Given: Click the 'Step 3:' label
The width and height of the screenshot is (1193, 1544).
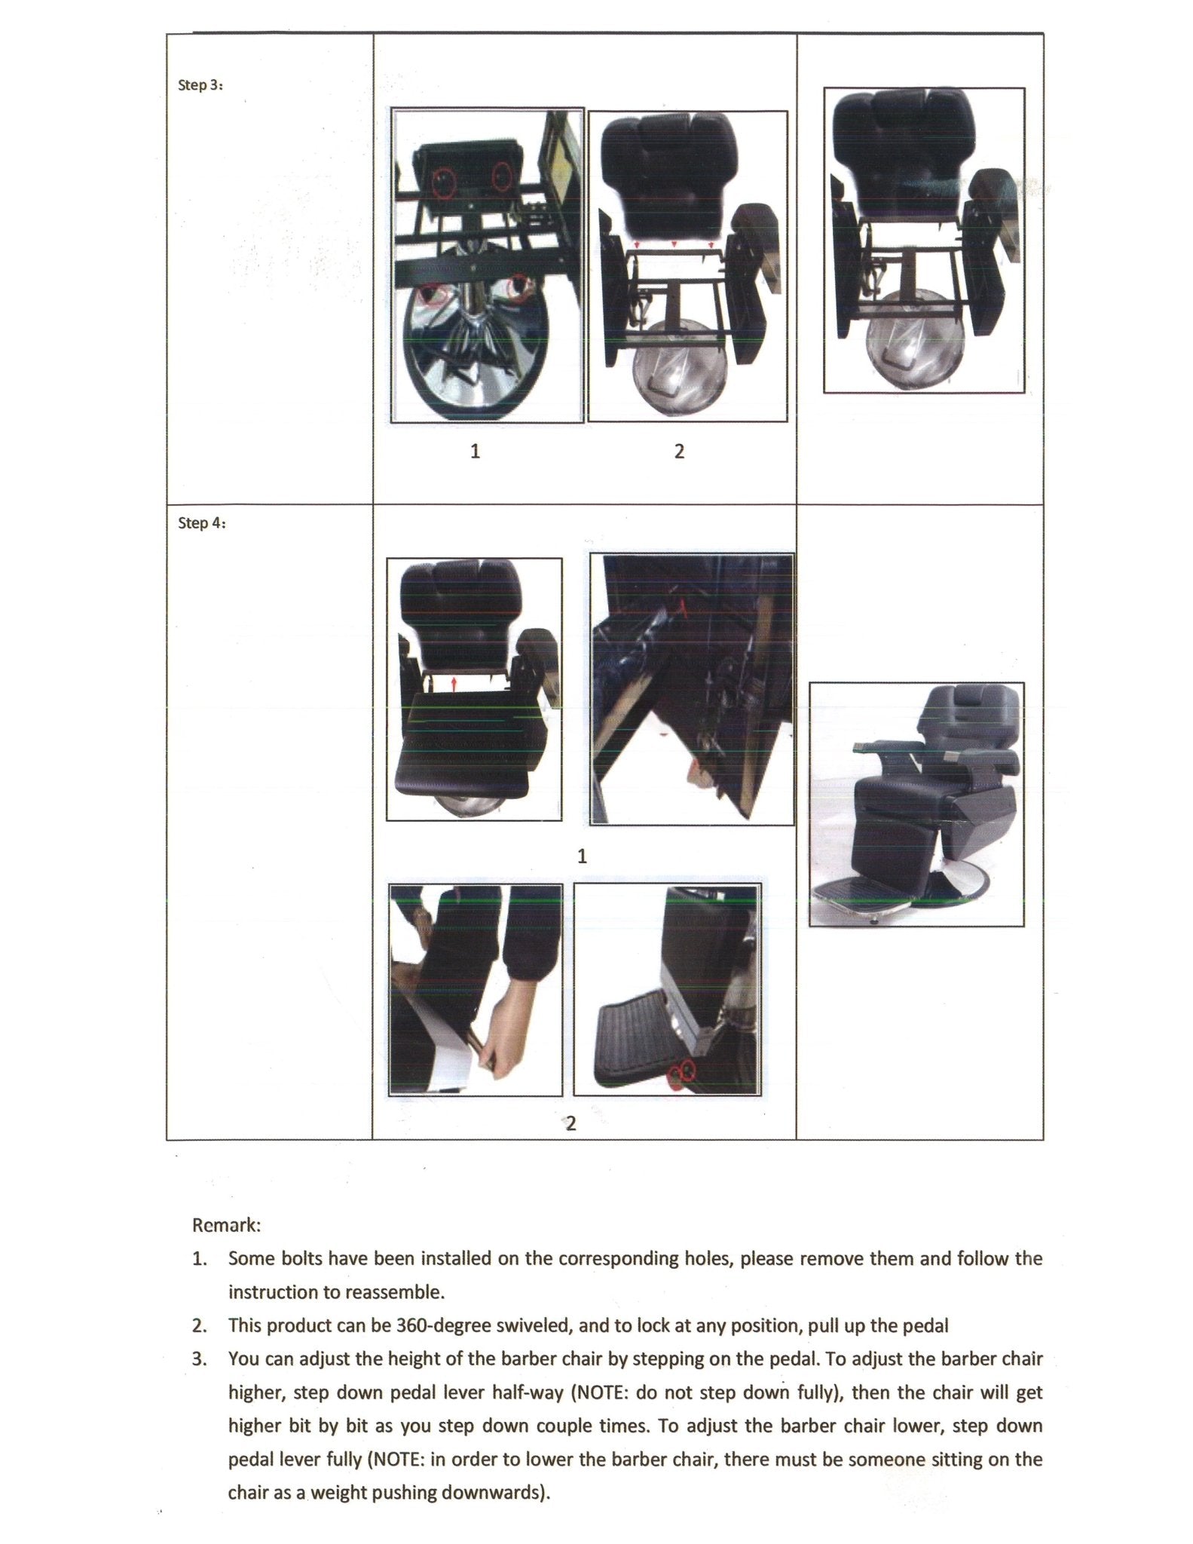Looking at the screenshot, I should (x=200, y=85).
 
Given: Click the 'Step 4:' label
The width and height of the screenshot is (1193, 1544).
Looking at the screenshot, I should (x=201, y=523).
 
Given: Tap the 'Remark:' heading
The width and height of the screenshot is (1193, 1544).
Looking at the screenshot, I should (x=226, y=1225).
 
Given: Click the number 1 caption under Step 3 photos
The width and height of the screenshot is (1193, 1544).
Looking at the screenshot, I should (x=475, y=452).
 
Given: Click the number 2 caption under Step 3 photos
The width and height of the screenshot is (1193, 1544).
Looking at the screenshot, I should (x=679, y=452).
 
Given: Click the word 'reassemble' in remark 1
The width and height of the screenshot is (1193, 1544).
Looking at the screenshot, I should (x=396, y=1292).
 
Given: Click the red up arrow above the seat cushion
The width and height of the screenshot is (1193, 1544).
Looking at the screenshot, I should (x=454, y=683).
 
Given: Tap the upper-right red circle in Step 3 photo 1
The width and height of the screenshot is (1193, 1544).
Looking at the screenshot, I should (x=502, y=176).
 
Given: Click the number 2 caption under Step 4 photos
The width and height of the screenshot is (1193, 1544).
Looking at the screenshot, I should (x=570, y=1123).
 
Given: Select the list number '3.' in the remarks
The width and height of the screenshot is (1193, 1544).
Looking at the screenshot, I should (x=199, y=1359).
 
